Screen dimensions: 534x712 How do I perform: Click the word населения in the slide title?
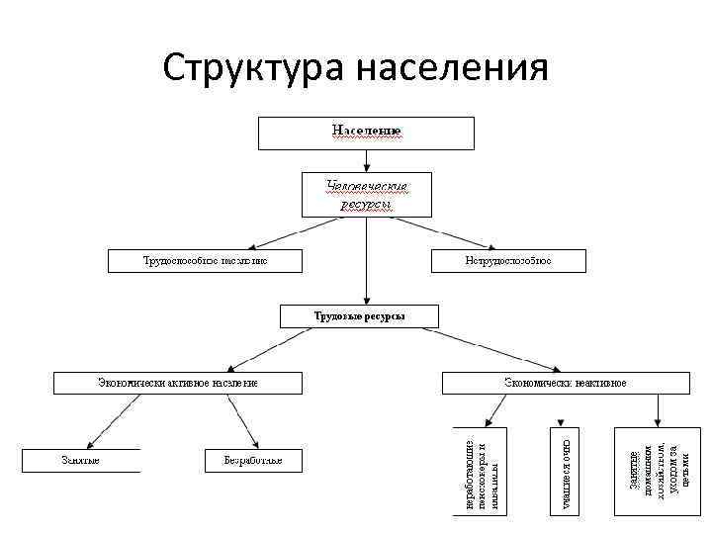451,68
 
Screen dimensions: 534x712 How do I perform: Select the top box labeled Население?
366,133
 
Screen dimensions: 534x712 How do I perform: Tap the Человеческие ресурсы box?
366,194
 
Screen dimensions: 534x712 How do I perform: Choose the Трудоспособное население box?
206,260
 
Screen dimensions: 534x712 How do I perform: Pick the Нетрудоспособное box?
508,260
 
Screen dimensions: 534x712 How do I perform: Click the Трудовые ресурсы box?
360,315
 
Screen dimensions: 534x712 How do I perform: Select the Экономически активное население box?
162,383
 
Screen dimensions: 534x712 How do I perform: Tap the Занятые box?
81,460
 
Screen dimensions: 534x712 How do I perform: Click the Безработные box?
253,460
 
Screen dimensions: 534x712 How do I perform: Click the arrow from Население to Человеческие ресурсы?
366,160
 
